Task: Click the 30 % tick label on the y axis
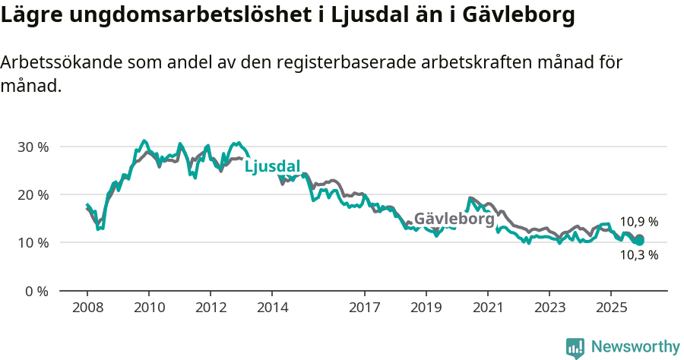33,147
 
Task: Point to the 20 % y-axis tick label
33,194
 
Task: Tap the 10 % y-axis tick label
33,243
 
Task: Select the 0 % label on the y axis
36,291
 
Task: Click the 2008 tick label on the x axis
87,308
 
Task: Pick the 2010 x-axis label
149,308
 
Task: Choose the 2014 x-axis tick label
272,308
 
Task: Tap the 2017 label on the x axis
364,308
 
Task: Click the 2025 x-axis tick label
611,308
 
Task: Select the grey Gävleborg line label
454,219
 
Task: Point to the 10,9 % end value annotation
638,223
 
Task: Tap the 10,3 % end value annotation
638,255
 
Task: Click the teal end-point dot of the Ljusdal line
639,241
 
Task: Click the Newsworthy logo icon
575,347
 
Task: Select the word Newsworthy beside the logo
635,347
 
